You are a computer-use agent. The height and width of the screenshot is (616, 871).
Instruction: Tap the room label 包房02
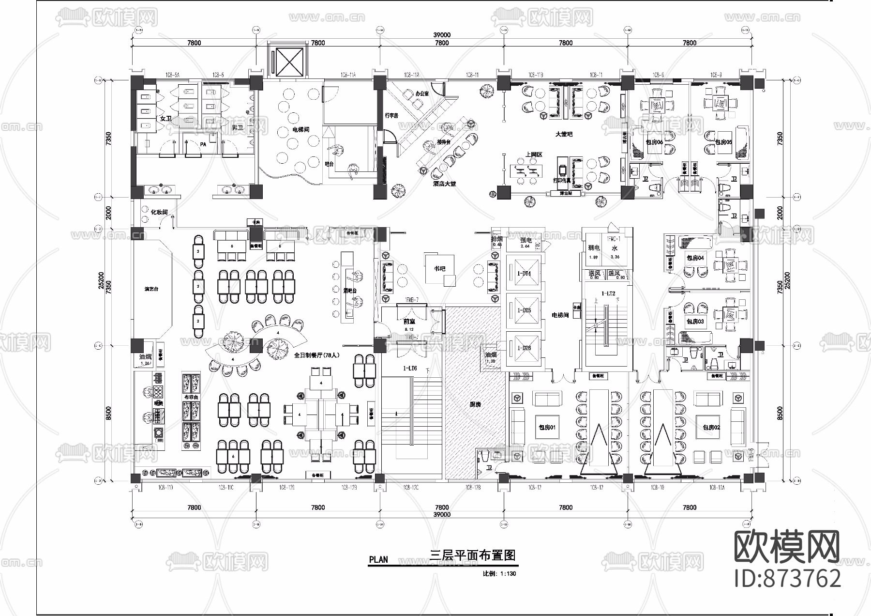click(711, 427)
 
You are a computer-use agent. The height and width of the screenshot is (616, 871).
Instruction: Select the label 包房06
click(654, 142)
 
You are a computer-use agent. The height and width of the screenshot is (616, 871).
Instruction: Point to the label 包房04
click(695, 258)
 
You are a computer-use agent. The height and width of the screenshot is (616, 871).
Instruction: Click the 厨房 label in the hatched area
click(475, 404)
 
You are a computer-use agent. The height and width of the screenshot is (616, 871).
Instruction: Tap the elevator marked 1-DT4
click(525, 274)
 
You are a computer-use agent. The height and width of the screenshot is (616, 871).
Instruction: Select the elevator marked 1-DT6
click(525, 348)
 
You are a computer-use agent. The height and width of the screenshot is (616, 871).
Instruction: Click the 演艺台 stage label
click(151, 289)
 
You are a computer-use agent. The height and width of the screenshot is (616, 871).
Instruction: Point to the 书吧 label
click(439, 268)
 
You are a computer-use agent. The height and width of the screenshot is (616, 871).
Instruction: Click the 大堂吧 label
click(564, 134)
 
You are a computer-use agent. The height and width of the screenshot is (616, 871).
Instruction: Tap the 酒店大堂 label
click(444, 184)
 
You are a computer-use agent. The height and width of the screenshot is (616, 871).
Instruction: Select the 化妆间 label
click(159, 212)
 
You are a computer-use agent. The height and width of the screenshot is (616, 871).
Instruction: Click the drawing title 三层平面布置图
click(473, 555)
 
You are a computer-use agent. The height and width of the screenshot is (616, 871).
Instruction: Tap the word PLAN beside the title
click(378, 559)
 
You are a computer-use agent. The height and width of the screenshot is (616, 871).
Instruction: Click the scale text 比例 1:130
click(499, 574)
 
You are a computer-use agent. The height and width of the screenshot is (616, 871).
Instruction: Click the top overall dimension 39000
click(441, 35)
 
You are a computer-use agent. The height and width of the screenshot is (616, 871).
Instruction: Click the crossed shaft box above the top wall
click(288, 62)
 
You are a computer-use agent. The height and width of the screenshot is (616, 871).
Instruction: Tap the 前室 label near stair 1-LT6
click(409, 321)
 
